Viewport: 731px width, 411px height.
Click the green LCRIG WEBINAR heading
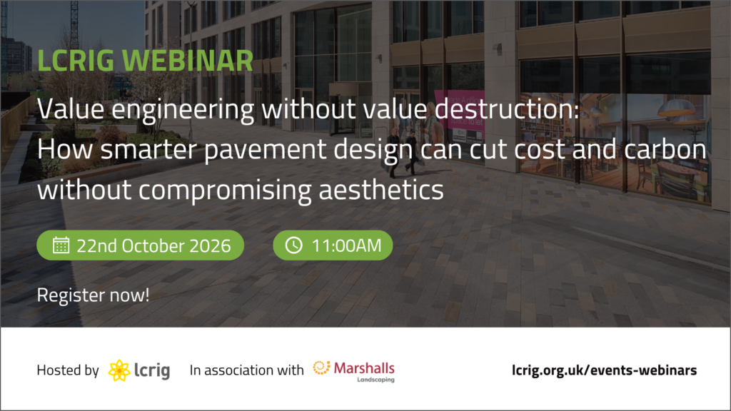(145, 61)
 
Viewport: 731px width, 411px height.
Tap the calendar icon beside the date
(61, 245)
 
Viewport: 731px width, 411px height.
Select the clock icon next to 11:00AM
(293, 245)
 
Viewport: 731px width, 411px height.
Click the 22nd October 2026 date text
(153, 245)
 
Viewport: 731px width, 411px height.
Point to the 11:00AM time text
(346, 245)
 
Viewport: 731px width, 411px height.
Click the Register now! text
(94, 295)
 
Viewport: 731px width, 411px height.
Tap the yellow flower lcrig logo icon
(119, 370)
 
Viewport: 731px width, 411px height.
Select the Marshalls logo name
(364, 368)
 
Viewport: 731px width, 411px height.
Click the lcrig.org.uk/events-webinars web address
(604, 370)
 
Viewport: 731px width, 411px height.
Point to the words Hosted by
(68, 370)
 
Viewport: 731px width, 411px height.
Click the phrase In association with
(246, 370)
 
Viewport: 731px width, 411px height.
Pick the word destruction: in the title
(507, 109)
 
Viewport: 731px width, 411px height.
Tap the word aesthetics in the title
(381, 190)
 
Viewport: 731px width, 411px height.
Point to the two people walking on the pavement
(403, 151)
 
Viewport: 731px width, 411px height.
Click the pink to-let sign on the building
(459, 110)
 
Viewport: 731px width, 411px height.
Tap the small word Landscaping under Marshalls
(375, 380)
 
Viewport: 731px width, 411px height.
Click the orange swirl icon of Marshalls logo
(321, 368)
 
